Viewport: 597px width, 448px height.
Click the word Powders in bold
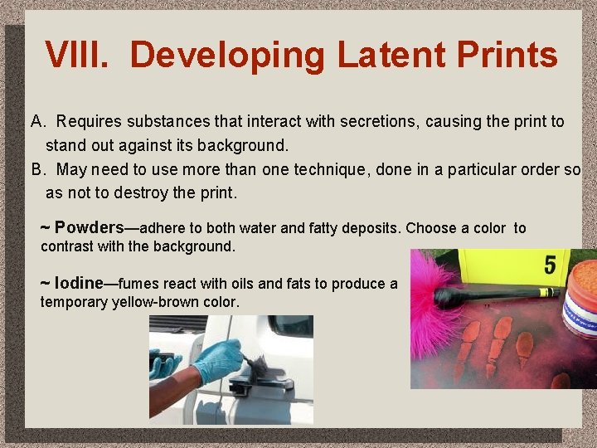pos(90,227)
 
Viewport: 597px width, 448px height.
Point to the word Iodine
pos(79,283)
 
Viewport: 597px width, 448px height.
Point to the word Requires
pos(90,122)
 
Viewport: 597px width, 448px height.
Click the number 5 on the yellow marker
pos(550,265)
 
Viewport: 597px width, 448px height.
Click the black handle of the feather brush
pos(498,294)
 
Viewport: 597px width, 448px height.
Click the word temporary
pos(75,302)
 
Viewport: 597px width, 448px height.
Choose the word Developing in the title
pos(229,55)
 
